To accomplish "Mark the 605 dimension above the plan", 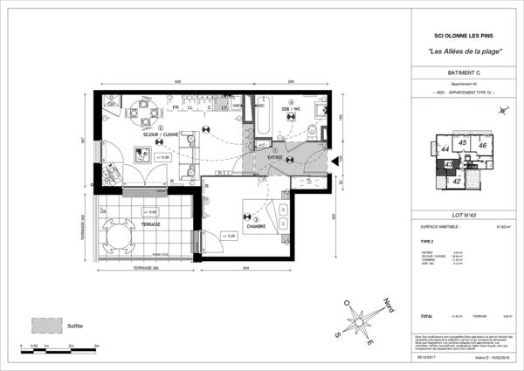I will click(x=177, y=81).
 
